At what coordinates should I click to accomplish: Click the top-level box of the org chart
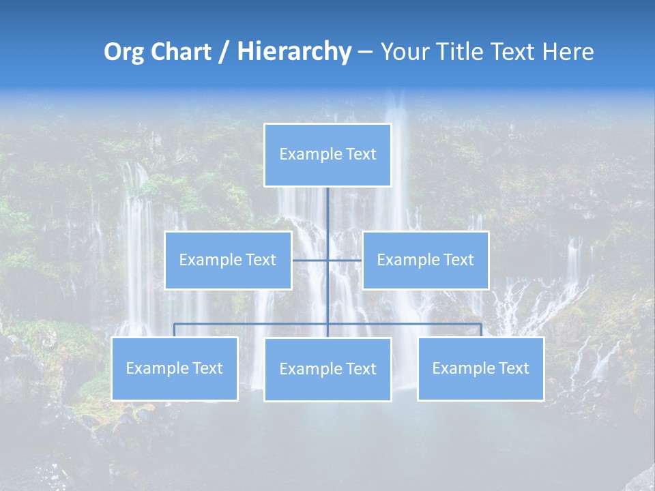[327, 155]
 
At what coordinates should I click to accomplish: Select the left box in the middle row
[228, 260]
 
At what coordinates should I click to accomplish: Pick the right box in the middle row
[425, 260]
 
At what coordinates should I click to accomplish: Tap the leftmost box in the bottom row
[175, 368]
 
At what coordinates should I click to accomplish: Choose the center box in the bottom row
[327, 369]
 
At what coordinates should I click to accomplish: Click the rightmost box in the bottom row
[480, 368]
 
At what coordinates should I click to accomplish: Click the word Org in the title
[123, 52]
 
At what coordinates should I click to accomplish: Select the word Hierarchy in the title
[294, 52]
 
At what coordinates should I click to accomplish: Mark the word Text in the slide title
[513, 52]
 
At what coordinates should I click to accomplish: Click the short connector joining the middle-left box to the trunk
[310, 260]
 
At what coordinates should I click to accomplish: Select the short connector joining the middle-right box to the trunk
[345, 260]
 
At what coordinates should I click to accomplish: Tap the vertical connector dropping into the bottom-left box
[175, 330]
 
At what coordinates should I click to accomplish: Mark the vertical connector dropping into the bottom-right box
[481, 330]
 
